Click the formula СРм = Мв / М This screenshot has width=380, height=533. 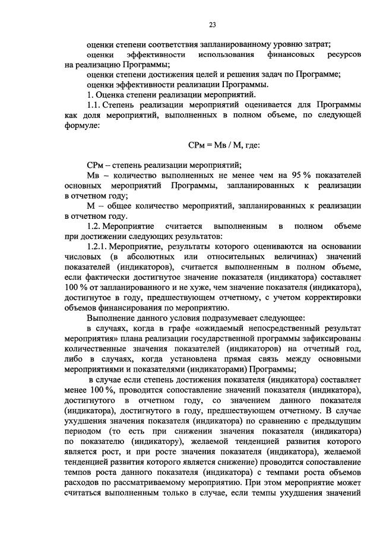coord(211,145)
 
